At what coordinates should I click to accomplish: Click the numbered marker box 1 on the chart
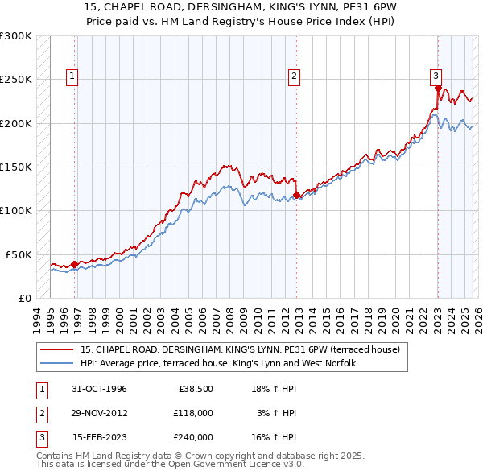tap(72, 76)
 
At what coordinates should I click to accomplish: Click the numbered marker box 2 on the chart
tap(294, 76)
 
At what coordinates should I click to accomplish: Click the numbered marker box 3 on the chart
tap(436, 76)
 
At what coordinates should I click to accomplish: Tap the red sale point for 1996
tap(75, 263)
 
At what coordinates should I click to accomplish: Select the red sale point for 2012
tap(297, 195)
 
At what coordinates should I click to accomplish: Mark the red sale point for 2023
tap(438, 89)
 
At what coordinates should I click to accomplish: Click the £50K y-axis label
tap(19, 254)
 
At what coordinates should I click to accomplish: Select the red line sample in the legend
tap(57, 350)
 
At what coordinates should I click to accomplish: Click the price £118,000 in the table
tap(192, 413)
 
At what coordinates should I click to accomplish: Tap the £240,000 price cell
tap(192, 437)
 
